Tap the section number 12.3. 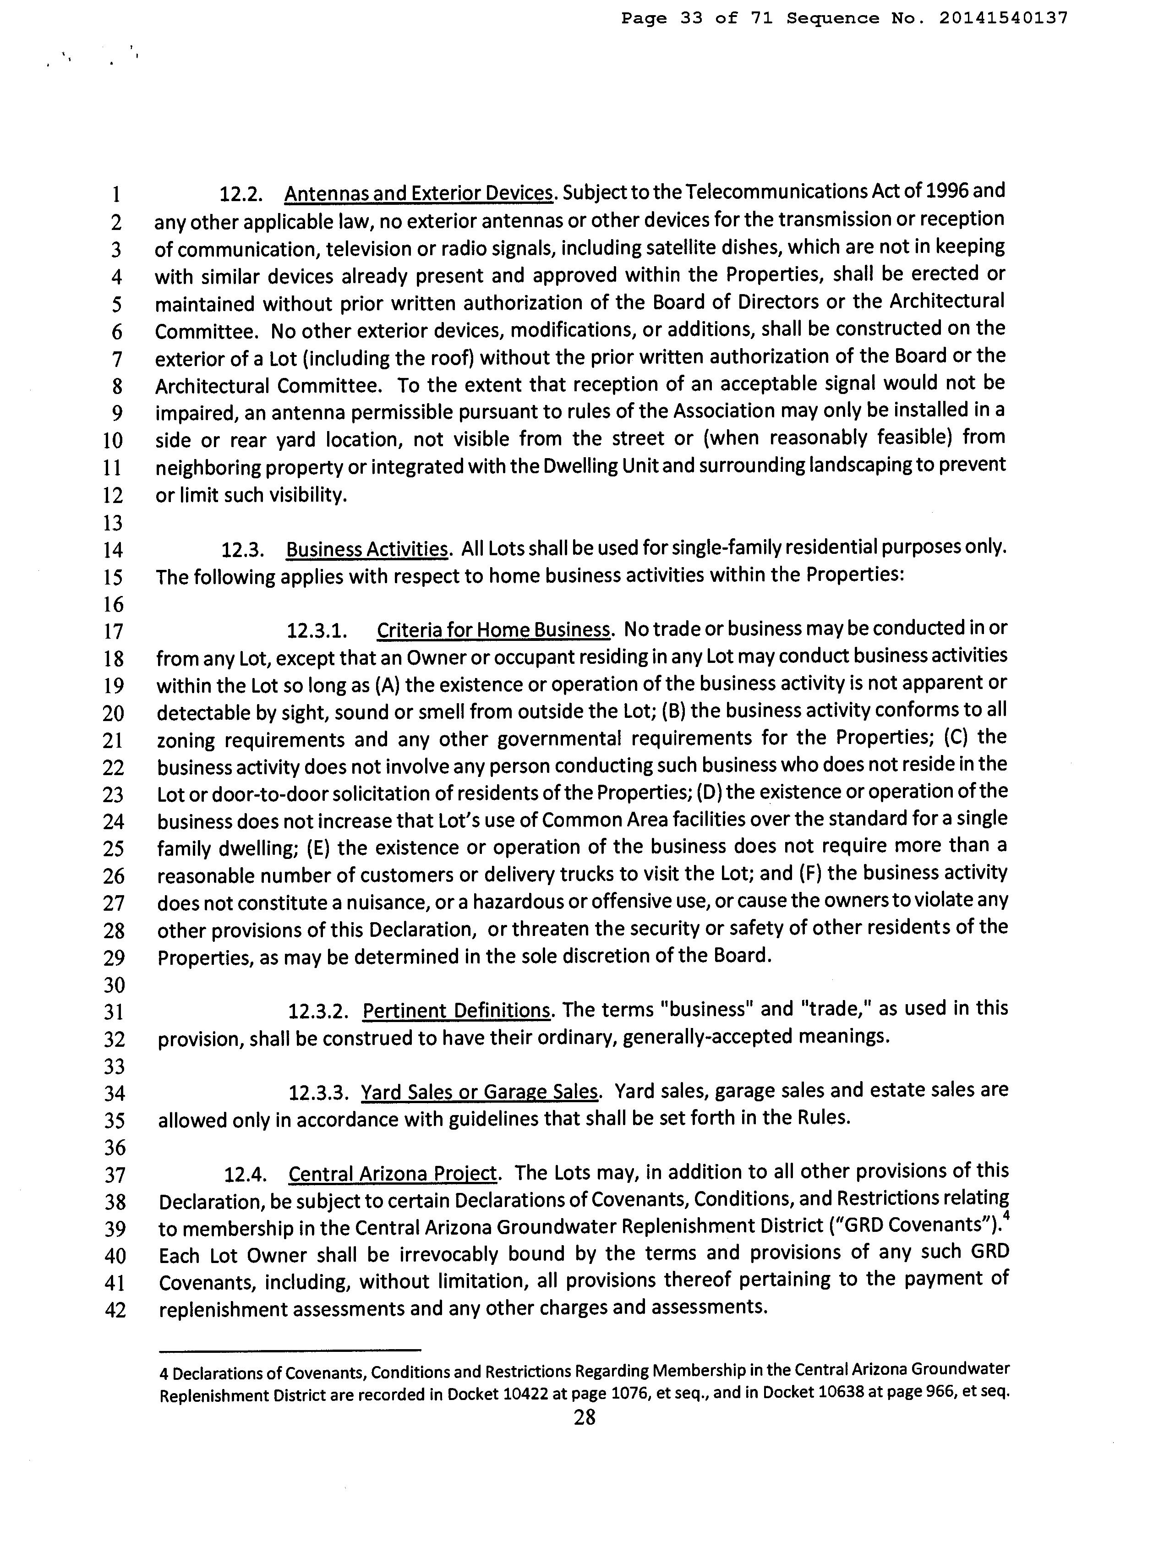[242, 550]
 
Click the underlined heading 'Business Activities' [366, 550]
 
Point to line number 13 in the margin [113, 522]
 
